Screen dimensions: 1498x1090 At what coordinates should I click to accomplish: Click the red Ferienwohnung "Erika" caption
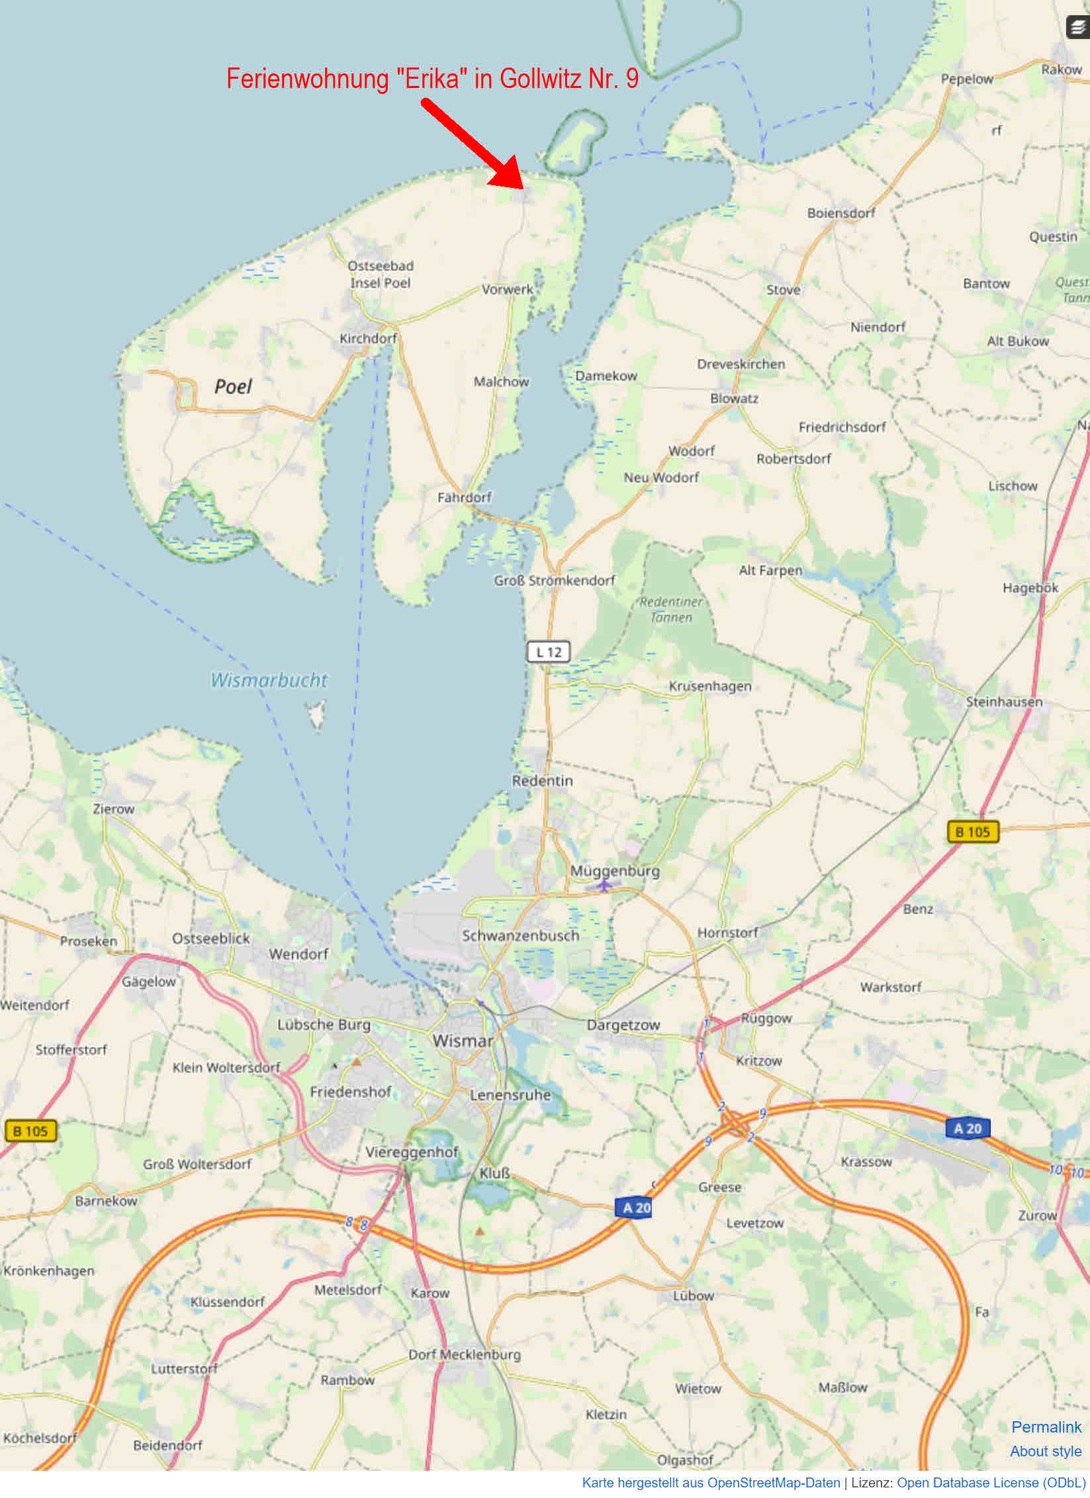[x=432, y=79]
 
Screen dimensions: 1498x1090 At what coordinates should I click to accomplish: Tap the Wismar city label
[x=463, y=1041]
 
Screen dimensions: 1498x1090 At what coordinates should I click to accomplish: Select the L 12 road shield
[x=548, y=652]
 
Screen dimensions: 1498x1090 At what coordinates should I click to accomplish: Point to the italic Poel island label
[x=233, y=386]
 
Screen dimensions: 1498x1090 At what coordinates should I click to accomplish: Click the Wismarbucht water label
[x=269, y=680]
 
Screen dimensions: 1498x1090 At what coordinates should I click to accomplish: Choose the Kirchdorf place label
[x=368, y=338]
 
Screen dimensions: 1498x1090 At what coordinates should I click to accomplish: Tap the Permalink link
[x=1046, y=1427]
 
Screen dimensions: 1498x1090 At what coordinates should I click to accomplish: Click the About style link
[x=1045, y=1451]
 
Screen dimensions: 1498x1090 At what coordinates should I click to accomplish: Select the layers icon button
[x=1077, y=28]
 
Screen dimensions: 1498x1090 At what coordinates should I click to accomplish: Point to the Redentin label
[x=542, y=781]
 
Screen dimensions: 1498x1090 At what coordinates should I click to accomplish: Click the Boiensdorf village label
[x=840, y=213]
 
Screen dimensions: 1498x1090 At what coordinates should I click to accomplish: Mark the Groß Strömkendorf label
[x=554, y=580]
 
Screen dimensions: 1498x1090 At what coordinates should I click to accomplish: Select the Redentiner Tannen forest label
[x=671, y=609]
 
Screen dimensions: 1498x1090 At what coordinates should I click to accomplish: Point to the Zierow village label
[x=113, y=809]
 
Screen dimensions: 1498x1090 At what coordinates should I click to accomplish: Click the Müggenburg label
[x=615, y=871]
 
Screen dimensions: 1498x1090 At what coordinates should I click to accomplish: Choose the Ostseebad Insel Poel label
[x=381, y=274]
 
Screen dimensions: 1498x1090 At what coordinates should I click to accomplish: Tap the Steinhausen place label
[x=1003, y=701]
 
